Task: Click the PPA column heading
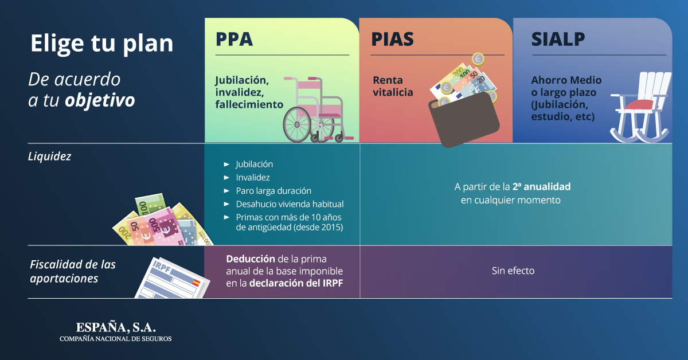tap(234, 39)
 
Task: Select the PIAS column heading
tap(392, 39)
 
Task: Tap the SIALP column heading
tap(558, 39)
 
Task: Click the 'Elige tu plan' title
tap(101, 44)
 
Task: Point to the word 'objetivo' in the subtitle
tap(100, 100)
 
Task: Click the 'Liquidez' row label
tap(49, 156)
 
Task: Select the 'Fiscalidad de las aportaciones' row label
tap(72, 271)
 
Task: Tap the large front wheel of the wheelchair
tap(297, 124)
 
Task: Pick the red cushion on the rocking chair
tap(639, 104)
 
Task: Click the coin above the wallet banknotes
tap(478, 58)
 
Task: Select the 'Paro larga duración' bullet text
tap(273, 191)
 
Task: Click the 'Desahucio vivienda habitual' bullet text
tap(290, 204)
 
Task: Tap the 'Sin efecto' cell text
tap(513, 271)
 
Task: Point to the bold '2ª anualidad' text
tap(541, 186)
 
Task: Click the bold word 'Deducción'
tap(251, 259)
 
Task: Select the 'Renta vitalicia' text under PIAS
tap(393, 86)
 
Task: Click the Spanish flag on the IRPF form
tap(196, 282)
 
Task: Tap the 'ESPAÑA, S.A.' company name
tap(116, 327)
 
